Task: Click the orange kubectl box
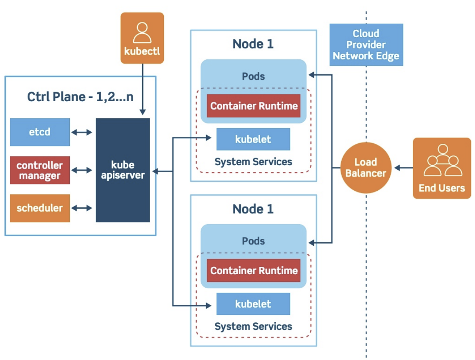142,38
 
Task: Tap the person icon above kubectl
142,33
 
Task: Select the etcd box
40,132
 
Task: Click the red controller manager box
40,170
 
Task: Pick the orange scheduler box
40,208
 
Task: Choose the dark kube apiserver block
123,170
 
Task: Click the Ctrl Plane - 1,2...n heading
80,97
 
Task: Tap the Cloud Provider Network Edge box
366,45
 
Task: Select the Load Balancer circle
366,168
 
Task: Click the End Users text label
442,188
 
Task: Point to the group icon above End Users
443,160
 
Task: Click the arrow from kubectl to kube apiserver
142,89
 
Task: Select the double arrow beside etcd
82,132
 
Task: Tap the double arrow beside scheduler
82,208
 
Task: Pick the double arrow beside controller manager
82,170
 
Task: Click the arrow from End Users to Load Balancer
404,168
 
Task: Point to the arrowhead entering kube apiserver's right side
155,171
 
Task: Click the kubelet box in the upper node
253,139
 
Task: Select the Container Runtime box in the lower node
254,271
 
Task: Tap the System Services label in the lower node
253,326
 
